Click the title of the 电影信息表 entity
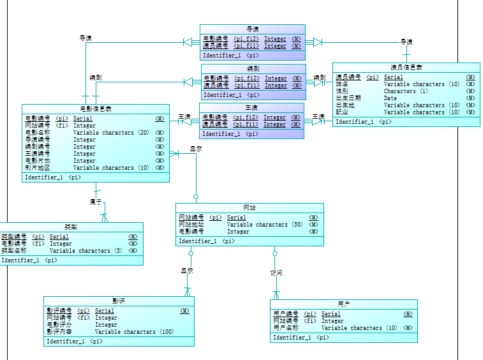(96, 109)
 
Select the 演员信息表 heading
(406, 68)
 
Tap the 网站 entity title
(249, 208)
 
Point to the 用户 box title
(344, 304)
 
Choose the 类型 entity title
(71, 227)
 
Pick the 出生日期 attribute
(348, 98)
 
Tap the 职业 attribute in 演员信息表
(342, 112)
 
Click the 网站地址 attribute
(191, 225)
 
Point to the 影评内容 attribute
(59, 332)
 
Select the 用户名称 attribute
(286, 328)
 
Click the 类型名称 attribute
(14, 251)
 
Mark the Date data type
(390, 98)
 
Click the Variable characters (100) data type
(134, 332)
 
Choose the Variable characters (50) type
(265, 225)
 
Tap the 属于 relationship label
(96, 202)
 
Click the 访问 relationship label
(276, 273)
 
